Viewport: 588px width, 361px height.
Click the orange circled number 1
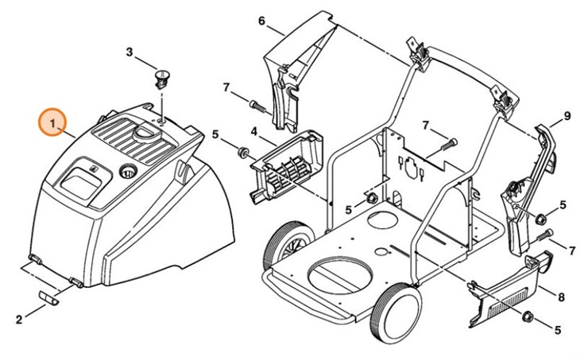pos(53,124)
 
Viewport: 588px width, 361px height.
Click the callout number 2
pos(18,320)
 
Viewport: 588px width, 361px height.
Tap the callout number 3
pos(130,52)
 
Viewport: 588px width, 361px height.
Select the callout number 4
pos(253,130)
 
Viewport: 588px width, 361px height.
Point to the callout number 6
pos(261,21)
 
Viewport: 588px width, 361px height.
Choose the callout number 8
pos(561,298)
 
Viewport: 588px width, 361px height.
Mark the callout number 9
pos(567,116)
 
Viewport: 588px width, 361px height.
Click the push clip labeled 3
pos(164,79)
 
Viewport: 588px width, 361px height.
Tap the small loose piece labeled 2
pos(49,297)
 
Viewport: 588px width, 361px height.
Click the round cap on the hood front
pos(128,169)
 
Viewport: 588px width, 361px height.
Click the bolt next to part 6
pos(259,104)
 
